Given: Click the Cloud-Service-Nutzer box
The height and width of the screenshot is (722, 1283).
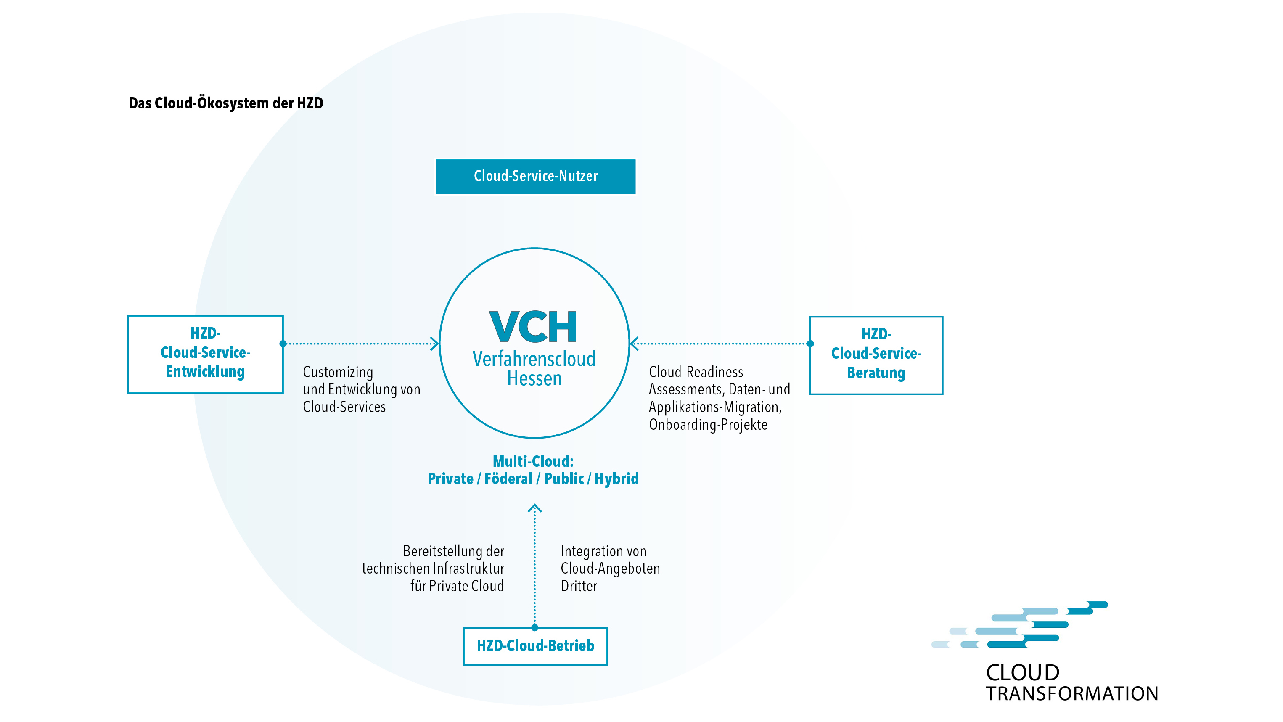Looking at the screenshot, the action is pyautogui.click(x=535, y=176).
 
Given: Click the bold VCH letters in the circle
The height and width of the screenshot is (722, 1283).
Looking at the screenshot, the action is pyautogui.click(x=533, y=327).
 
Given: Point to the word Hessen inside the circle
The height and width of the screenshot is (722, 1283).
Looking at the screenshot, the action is pyautogui.click(x=534, y=379).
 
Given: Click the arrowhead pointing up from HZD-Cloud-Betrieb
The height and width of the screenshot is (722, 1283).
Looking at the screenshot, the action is pyautogui.click(x=534, y=508).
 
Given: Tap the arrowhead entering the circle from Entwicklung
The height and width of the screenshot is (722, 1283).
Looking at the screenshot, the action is pyautogui.click(x=435, y=344).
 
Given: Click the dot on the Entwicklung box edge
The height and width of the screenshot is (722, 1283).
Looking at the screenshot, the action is pyautogui.click(x=283, y=344).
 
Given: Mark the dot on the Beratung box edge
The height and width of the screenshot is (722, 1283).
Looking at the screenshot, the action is pyautogui.click(x=810, y=344).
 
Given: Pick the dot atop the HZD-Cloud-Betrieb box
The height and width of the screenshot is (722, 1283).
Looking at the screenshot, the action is pyautogui.click(x=534, y=627).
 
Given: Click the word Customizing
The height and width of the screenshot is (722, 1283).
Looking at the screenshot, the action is pyautogui.click(x=338, y=373).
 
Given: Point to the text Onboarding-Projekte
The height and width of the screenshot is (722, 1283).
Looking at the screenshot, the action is pyautogui.click(x=708, y=425).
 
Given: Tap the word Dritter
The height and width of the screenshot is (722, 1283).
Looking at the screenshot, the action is pyautogui.click(x=579, y=586).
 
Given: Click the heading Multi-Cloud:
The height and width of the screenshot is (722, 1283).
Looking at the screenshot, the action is pyautogui.click(x=533, y=461).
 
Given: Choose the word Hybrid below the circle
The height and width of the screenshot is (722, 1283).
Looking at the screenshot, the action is pyautogui.click(x=616, y=479).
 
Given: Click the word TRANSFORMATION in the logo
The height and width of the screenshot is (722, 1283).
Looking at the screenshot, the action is pyautogui.click(x=1072, y=694).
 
